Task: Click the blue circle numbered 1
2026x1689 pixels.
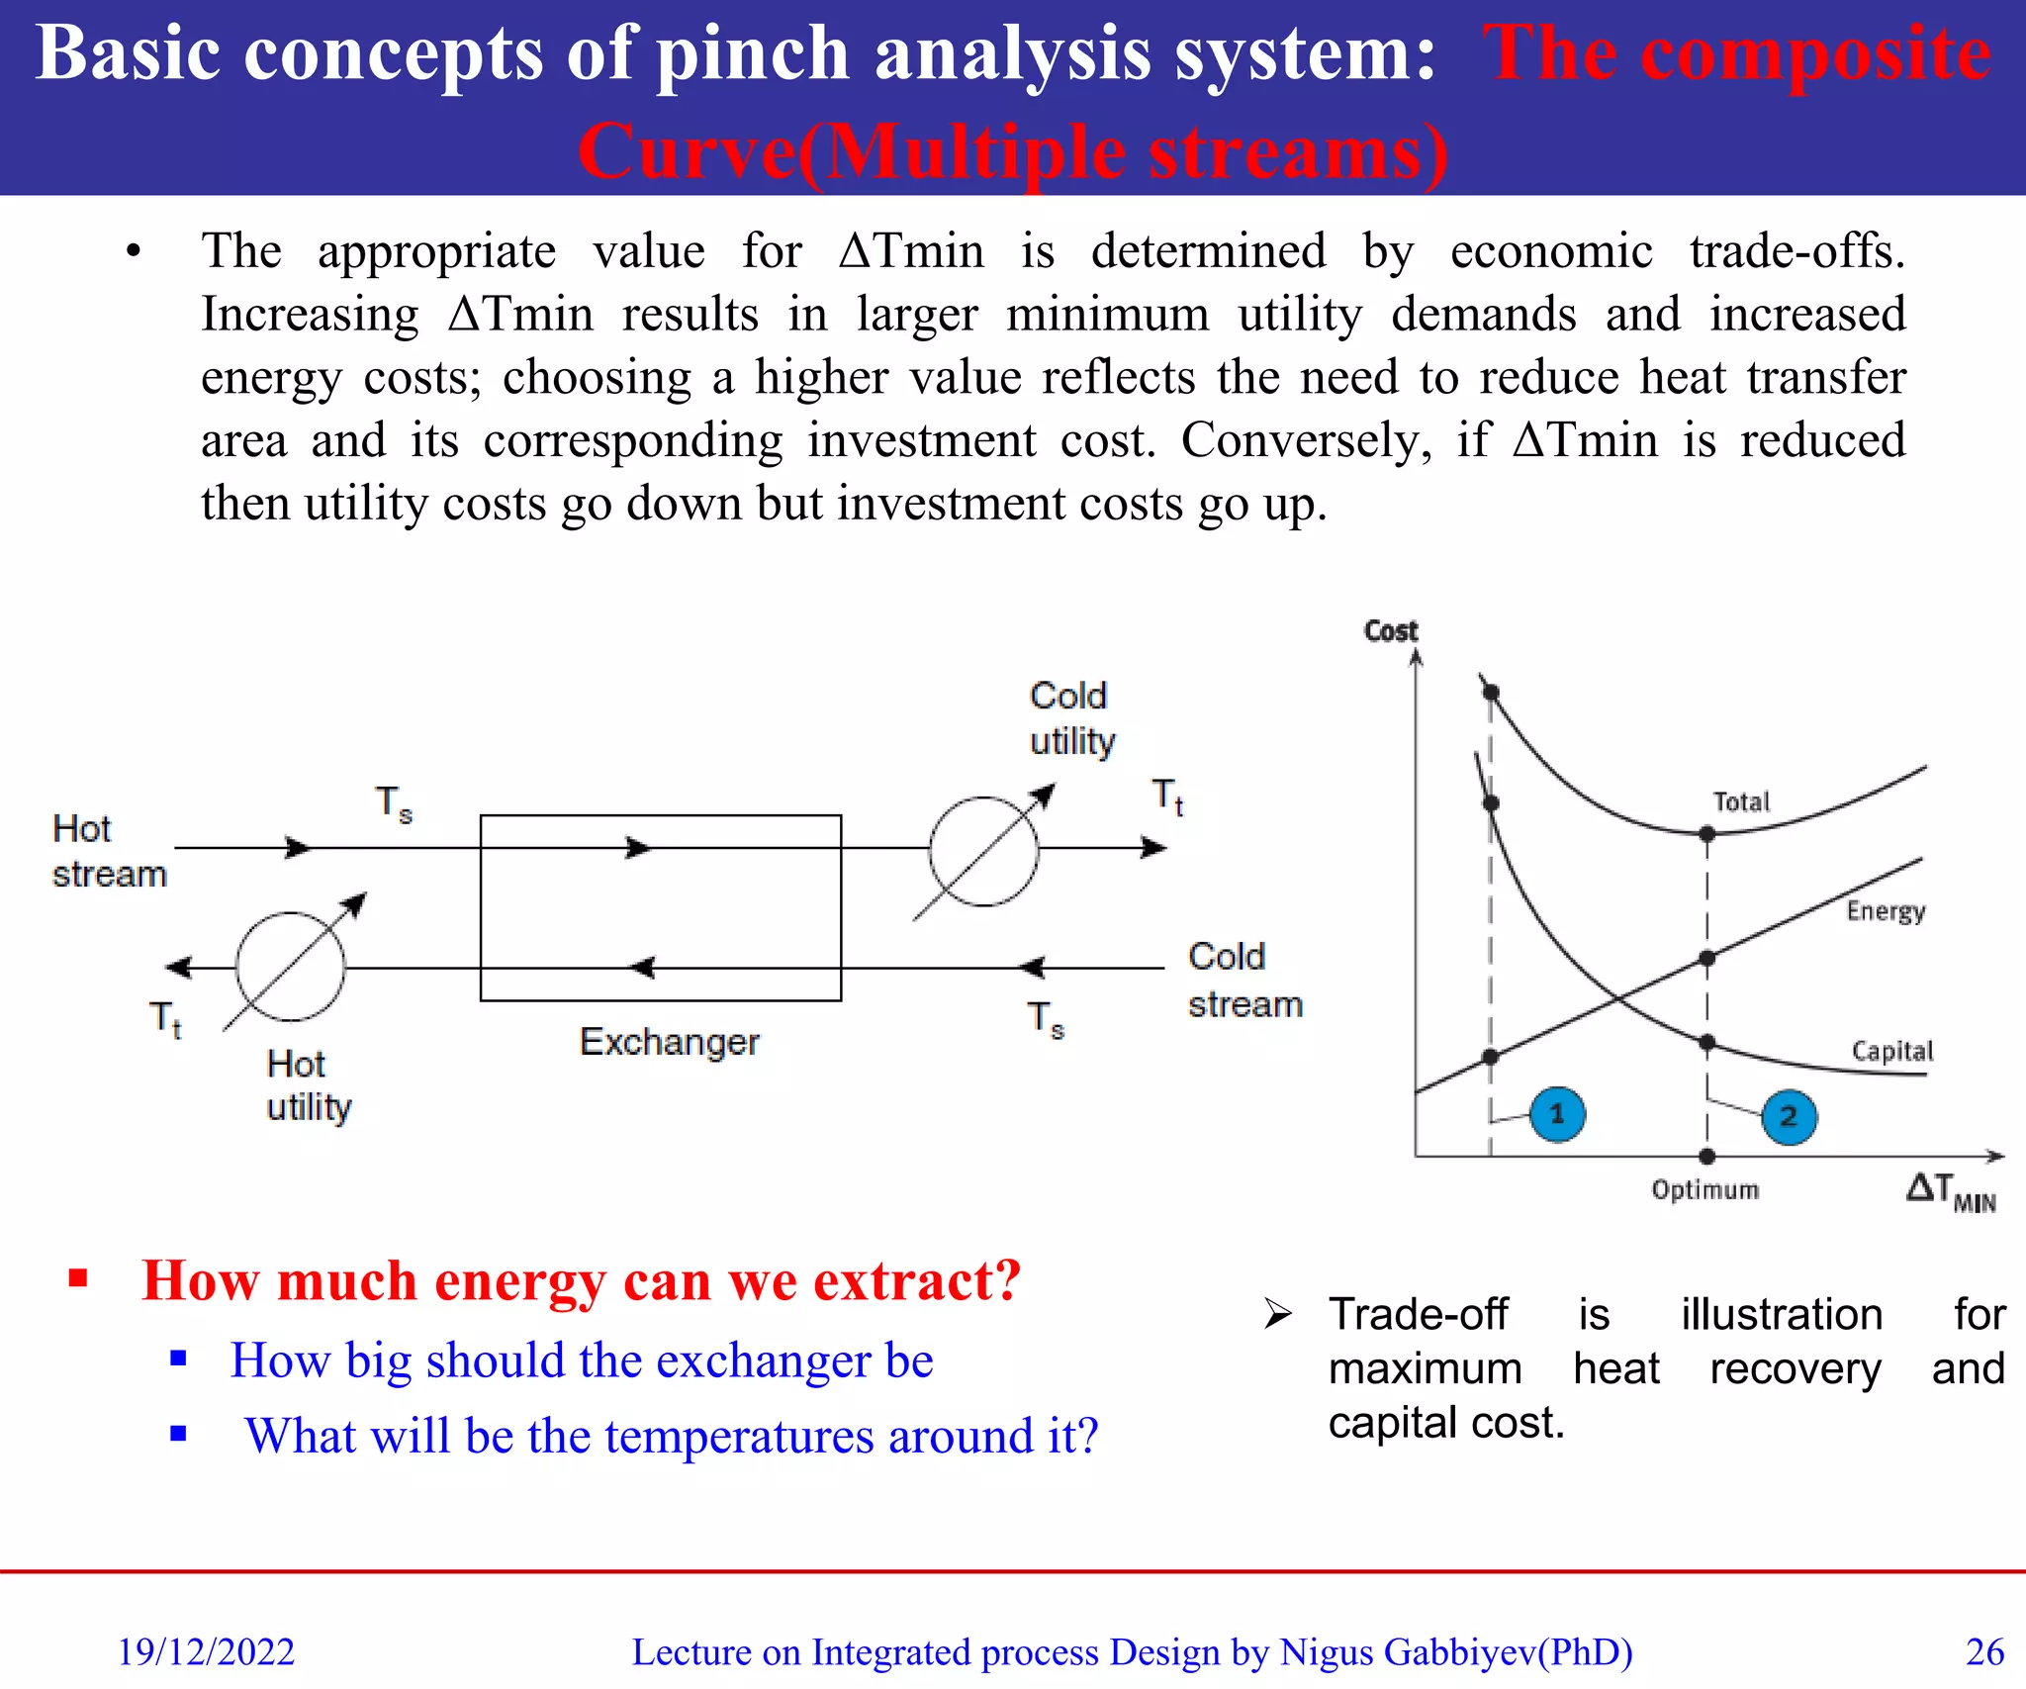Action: [1557, 1114]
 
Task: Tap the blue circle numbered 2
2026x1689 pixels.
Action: [1789, 1117]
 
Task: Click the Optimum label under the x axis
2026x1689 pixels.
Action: [1704, 1189]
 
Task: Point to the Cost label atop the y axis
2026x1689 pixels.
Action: [1390, 630]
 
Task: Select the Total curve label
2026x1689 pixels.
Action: [1741, 801]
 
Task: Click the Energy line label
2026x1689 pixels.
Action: [1886, 910]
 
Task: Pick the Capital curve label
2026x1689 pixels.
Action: [1891, 1051]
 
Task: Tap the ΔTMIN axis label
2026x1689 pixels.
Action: [1950, 1191]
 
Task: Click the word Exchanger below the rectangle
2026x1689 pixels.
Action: [669, 1042]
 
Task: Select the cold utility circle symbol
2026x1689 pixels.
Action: [983, 851]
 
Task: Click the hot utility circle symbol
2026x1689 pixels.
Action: [290, 967]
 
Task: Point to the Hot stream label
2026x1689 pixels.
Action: [108, 851]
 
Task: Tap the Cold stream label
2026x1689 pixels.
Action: [1244, 980]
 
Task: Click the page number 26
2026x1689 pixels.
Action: [1983, 1651]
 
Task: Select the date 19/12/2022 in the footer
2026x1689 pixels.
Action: [206, 1651]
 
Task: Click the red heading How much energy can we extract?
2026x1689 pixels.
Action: [581, 1280]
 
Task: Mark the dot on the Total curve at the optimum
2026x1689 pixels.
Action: [1706, 834]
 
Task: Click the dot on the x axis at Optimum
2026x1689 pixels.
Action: [1706, 1156]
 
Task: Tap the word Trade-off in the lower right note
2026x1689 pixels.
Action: [1418, 1314]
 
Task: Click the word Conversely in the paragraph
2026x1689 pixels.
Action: [1305, 439]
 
